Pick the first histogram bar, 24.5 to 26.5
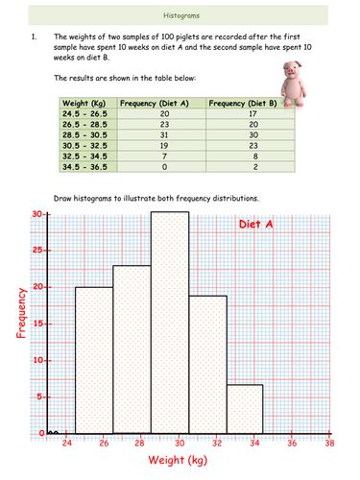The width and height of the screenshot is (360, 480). point(94,360)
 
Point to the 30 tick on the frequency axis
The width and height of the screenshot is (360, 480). point(36,214)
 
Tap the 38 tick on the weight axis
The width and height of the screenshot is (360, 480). point(329,444)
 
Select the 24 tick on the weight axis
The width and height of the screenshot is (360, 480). point(67,444)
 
